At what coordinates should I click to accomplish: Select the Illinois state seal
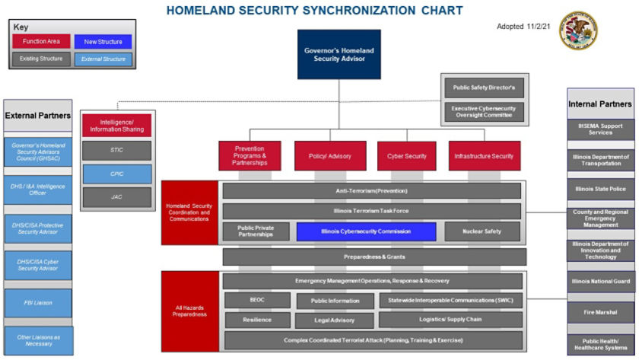tap(578, 30)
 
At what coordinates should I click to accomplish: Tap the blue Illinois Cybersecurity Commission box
tap(366, 231)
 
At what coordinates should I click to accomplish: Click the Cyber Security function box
tap(407, 156)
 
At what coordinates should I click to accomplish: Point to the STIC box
tap(116, 151)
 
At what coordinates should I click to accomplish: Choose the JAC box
tap(116, 197)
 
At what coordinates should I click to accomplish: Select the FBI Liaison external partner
tap(38, 302)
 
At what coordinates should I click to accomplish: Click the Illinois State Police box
tap(601, 189)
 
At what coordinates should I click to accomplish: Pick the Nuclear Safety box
tap(482, 231)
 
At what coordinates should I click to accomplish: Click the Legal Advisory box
tap(334, 320)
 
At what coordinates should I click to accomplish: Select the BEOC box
tap(257, 301)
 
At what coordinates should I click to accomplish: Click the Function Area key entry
tap(41, 41)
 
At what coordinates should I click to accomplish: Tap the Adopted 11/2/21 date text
tap(522, 27)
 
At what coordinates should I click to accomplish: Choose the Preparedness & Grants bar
tap(374, 257)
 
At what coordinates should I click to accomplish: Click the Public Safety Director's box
tap(484, 88)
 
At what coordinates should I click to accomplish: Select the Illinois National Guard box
tap(601, 282)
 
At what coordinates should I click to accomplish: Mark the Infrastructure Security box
tap(484, 156)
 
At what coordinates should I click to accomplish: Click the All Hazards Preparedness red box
tap(190, 310)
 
